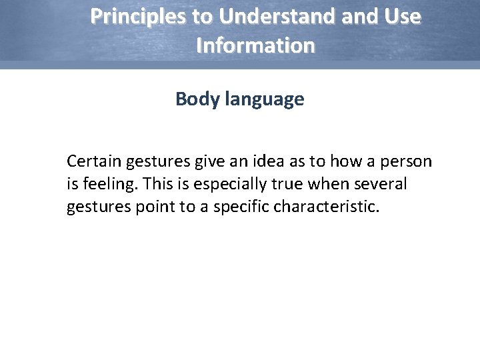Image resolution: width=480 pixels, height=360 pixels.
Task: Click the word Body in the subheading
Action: pyautogui.click(x=195, y=99)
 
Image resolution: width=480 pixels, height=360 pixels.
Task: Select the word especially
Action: pyautogui.click(x=225, y=185)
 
